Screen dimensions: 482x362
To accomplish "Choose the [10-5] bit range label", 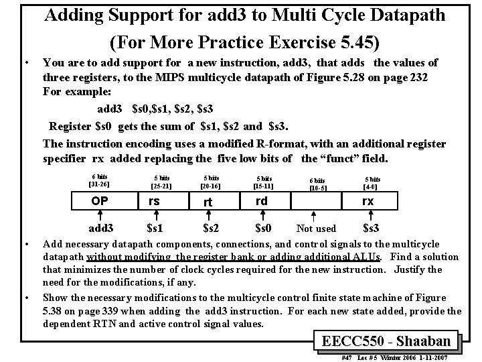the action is pos(318,188).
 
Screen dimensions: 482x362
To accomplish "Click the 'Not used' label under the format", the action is pos(316,229).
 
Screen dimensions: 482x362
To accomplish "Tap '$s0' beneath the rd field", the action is pos(262,228).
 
